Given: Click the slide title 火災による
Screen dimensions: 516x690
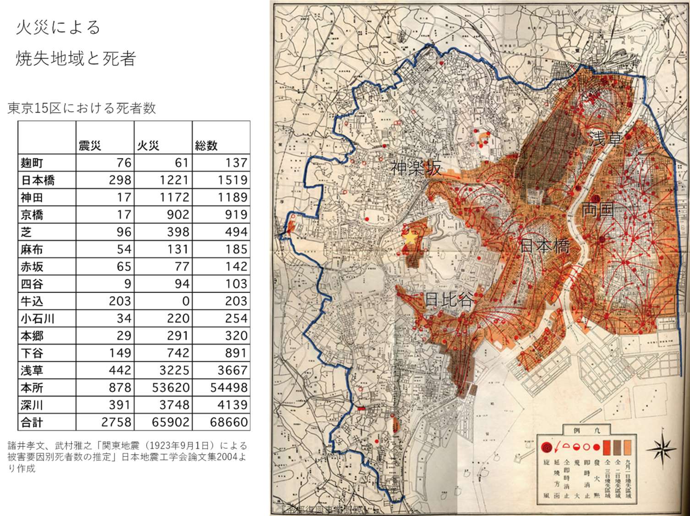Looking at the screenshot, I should [58, 27].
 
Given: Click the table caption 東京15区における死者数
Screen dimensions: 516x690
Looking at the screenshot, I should [82, 108].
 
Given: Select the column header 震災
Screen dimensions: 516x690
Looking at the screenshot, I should [90, 146].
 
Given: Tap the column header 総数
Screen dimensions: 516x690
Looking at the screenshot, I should [206, 146].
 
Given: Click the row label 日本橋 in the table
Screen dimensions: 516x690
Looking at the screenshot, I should [38, 180].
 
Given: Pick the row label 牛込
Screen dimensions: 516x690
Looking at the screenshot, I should [32, 301].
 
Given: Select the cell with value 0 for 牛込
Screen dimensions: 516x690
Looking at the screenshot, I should [185, 301].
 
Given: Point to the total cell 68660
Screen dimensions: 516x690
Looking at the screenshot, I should [229, 422].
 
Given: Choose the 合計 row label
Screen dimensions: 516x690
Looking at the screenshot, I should [32, 422].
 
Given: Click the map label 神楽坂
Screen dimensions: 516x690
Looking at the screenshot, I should [416, 168].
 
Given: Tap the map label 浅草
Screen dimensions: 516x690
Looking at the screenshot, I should [606, 138].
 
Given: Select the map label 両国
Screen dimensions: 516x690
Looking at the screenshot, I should [597, 210].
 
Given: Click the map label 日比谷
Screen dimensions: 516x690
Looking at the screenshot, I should [449, 299].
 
